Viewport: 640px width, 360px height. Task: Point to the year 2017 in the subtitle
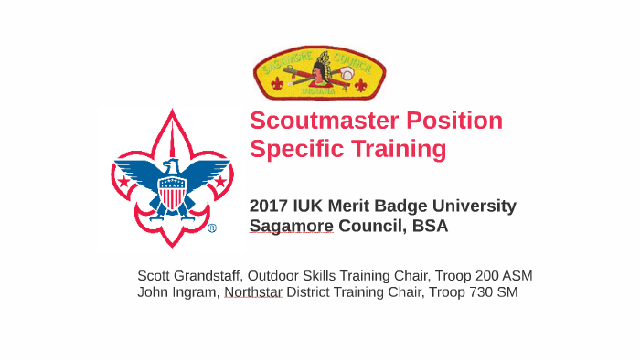(x=270, y=206)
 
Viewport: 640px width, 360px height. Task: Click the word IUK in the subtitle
(x=314, y=206)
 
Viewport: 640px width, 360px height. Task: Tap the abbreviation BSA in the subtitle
(x=429, y=226)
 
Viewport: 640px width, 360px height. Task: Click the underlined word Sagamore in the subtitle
(x=291, y=226)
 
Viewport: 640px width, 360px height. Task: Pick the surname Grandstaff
(x=207, y=275)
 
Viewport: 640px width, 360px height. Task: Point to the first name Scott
(x=153, y=275)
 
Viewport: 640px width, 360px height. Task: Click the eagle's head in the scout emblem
(x=171, y=167)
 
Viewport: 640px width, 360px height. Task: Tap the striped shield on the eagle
(x=172, y=194)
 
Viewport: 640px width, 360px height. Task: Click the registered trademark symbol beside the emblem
(x=212, y=228)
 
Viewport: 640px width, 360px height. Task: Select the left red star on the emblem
(x=123, y=181)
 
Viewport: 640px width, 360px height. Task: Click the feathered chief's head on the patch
(x=320, y=69)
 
